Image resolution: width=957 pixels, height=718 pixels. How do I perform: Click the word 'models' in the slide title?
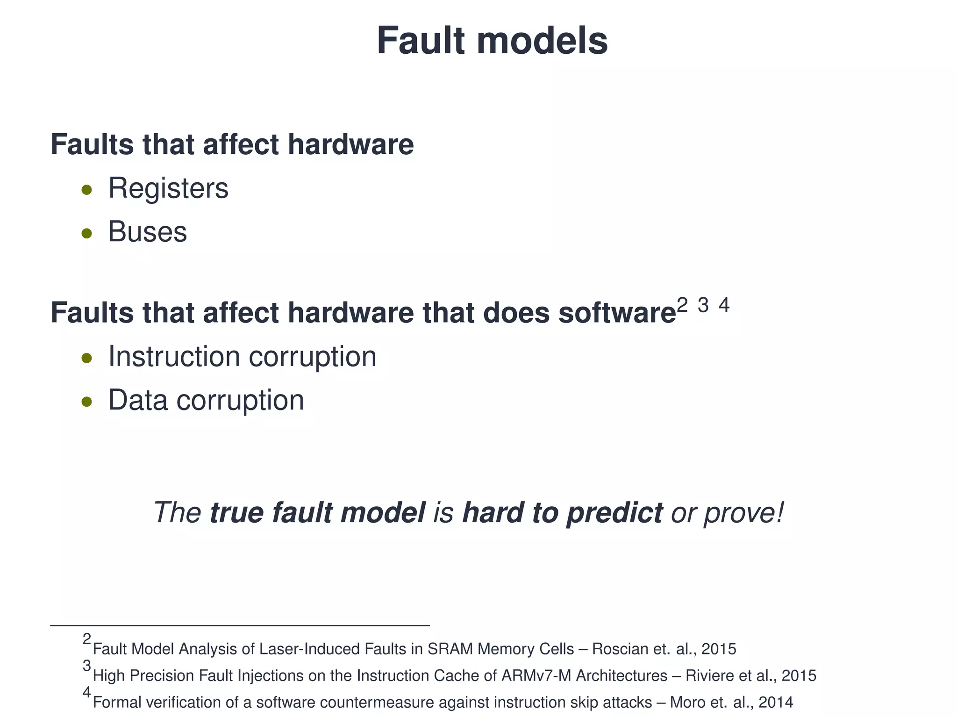tap(542, 41)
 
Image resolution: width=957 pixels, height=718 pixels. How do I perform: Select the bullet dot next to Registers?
tap(86, 190)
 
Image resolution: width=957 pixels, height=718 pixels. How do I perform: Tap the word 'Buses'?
tap(147, 232)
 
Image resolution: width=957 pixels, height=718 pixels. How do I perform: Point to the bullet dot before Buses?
tap(86, 233)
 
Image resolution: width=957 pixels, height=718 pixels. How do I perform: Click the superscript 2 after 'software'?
tap(682, 305)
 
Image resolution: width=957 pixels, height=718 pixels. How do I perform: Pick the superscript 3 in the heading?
tap(703, 305)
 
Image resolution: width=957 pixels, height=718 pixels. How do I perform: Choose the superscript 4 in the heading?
tap(724, 305)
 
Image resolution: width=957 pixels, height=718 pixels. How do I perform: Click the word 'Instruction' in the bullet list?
tap(174, 357)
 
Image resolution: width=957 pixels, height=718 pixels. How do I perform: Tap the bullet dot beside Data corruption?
tap(86, 401)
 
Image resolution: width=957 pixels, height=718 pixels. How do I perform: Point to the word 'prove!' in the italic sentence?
tap(743, 513)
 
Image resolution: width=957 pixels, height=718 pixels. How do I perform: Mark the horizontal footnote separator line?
tap(240, 625)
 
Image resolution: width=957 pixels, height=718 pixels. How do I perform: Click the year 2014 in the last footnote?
tap(776, 703)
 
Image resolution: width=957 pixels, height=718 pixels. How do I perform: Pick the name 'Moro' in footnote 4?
tap(687, 703)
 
